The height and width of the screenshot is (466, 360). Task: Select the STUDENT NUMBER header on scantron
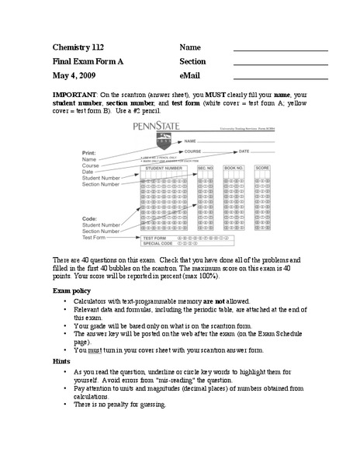pyautogui.click(x=164, y=167)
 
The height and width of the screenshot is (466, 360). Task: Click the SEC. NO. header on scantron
pyautogui.click(x=205, y=167)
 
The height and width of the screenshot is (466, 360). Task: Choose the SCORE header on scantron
pyautogui.click(x=262, y=167)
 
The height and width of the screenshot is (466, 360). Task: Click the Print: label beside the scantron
pyautogui.click(x=90, y=153)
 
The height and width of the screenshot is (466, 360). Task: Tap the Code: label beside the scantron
pyautogui.click(x=90, y=218)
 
